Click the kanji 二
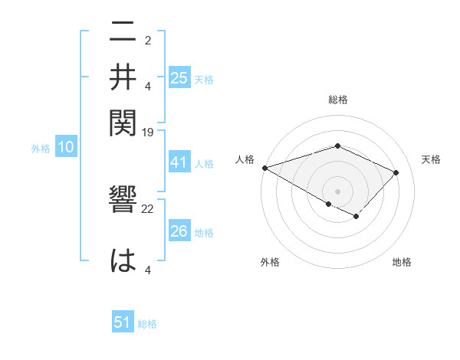point(123,32)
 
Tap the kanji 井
point(123,76)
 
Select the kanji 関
point(123,120)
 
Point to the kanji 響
point(123,207)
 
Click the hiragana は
point(123,260)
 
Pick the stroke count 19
point(148,132)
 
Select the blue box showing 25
point(179,77)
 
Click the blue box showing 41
point(179,162)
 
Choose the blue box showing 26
point(179,231)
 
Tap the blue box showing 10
point(65,148)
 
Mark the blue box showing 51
point(123,322)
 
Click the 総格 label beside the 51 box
point(147,324)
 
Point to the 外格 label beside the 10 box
point(41,149)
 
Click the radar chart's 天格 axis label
point(431,159)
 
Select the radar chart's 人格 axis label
point(245,159)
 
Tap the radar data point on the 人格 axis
point(264,167)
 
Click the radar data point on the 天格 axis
point(396,172)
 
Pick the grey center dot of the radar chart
point(337,191)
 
